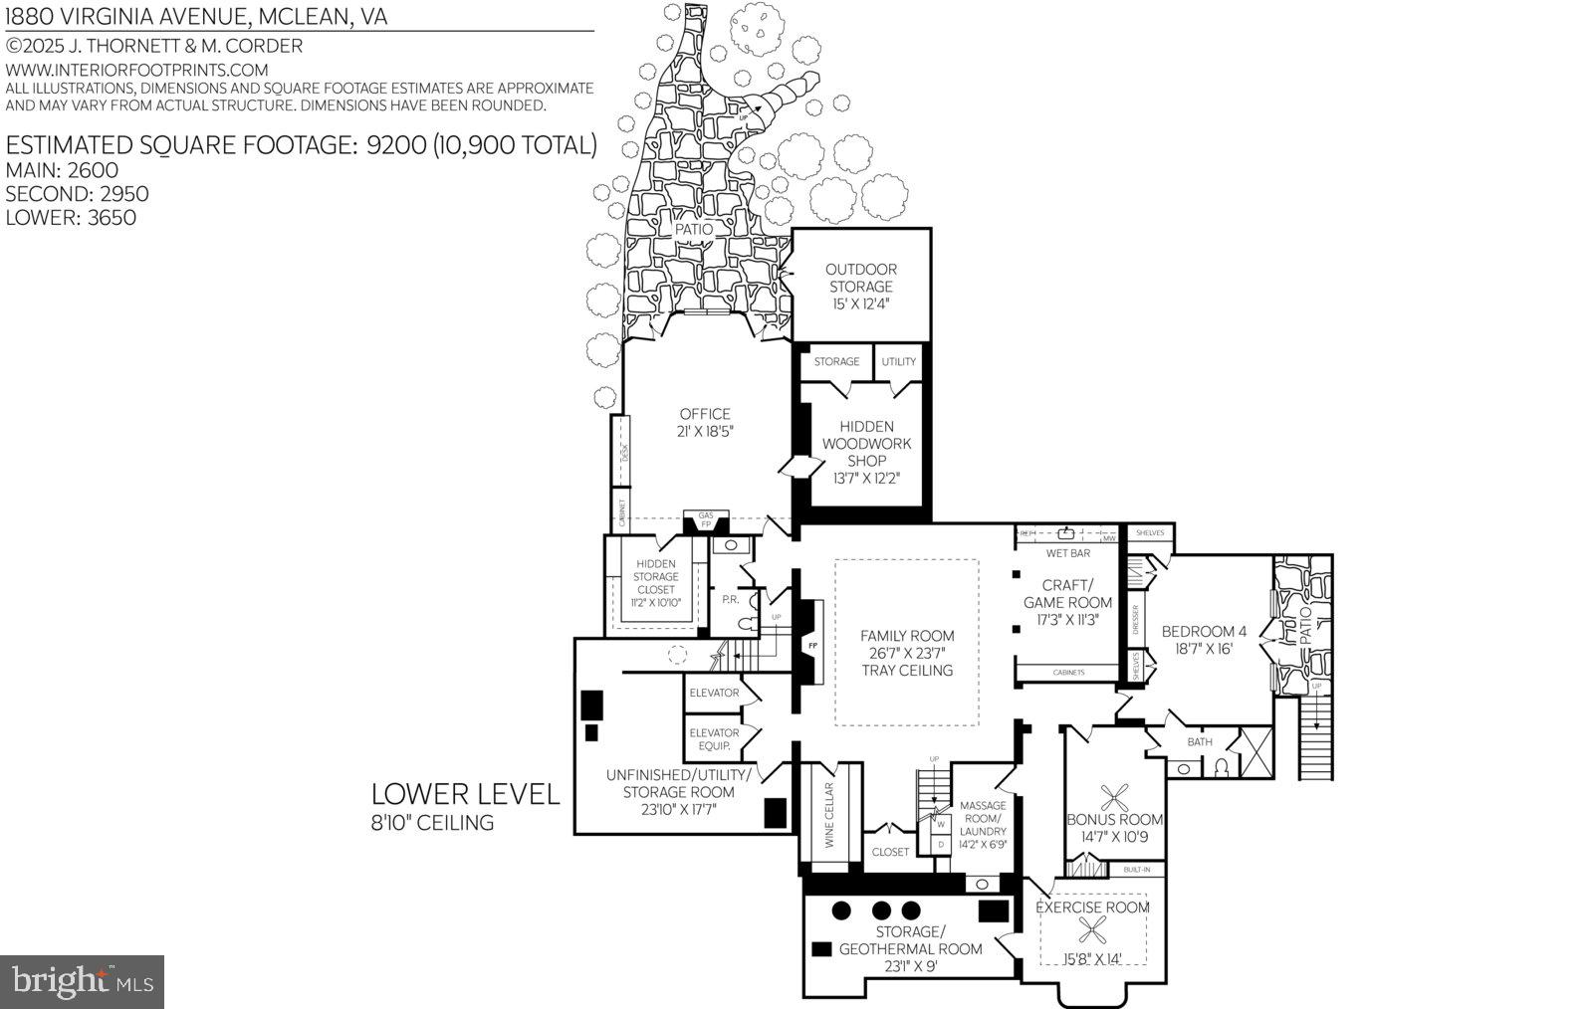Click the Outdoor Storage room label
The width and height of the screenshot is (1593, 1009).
coord(860,278)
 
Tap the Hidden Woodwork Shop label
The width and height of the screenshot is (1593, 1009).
coord(866,444)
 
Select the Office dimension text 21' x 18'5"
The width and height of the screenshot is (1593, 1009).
coord(705,431)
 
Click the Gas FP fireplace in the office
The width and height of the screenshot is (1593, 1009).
coord(706,519)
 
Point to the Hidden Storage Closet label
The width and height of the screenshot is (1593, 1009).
coord(655,577)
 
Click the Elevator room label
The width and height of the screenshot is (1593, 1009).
coord(714,693)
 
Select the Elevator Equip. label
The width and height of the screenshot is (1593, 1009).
coord(714,739)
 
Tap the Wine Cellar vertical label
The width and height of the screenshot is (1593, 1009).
coord(828,814)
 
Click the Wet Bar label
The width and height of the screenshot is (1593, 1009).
coord(1067,552)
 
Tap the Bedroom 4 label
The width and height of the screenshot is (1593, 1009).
coord(1204,631)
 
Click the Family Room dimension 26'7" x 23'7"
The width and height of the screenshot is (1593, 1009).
coord(907,653)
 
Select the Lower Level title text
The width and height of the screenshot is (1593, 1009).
coord(465,794)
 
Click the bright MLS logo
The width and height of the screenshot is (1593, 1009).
coord(82,982)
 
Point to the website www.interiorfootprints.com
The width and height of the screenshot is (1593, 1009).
coord(137,70)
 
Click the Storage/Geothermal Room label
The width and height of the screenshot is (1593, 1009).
coord(910,940)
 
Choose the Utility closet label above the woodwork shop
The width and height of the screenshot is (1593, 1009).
coord(898,361)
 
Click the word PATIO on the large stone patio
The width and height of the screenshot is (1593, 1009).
coord(693,229)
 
